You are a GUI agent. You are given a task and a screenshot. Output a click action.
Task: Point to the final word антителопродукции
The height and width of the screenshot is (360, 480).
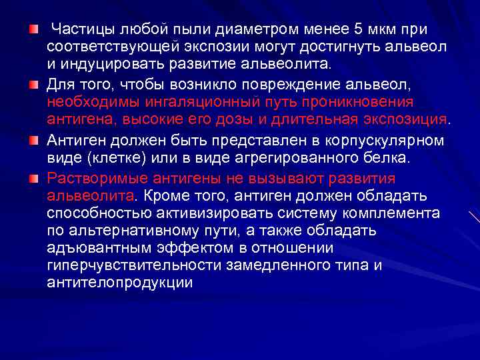point(121,283)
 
